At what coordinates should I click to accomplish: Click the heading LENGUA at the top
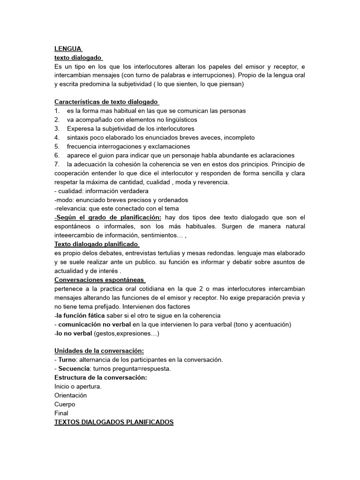(x=68, y=49)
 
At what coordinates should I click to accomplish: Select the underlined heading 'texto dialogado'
(x=78, y=58)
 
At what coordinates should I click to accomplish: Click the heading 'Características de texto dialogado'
(x=106, y=102)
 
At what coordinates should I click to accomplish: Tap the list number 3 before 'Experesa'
(x=57, y=128)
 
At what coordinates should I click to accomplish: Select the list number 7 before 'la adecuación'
(x=57, y=164)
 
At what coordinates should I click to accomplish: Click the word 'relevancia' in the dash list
(x=70, y=209)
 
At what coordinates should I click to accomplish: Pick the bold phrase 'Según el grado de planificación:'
(x=108, y=217)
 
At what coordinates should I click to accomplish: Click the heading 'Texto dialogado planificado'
(x=96, y=244)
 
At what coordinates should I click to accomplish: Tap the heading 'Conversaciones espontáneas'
(x=99, y=280)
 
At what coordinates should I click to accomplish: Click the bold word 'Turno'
(x=67, y=360)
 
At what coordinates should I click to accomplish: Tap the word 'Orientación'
(x=71, y=396)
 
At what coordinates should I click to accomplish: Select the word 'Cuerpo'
(x=65, y=405)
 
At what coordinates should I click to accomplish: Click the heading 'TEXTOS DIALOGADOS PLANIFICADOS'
(x=114, y=422)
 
